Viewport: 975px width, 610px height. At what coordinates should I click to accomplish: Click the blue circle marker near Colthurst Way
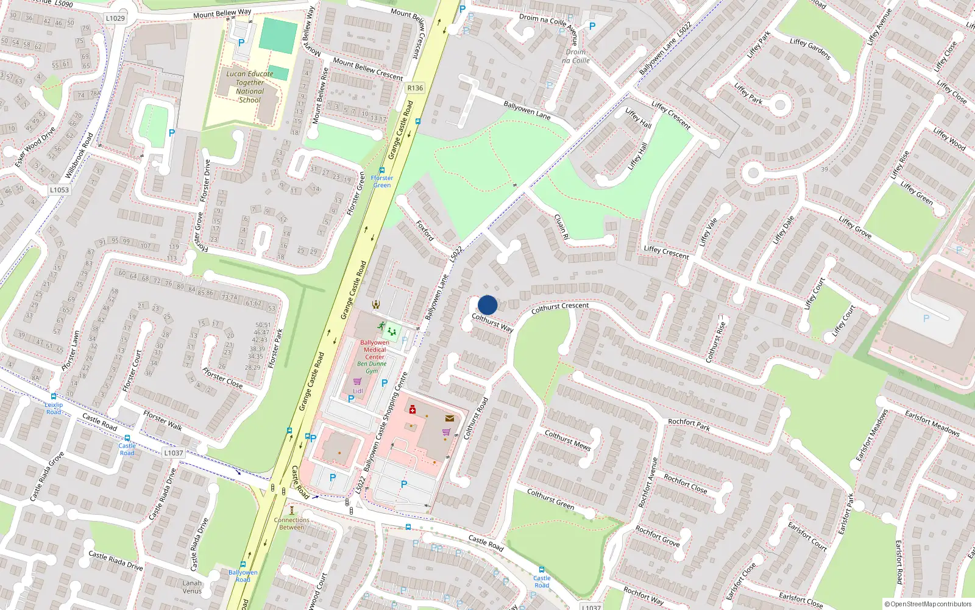(487, 305)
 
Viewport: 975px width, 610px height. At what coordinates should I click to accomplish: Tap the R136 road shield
(415, 88)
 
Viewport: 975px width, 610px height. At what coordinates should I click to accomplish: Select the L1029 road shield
(115, 18)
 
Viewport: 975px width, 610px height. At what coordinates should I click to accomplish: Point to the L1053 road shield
(59, 190)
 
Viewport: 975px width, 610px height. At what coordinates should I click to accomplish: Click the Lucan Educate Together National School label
(250, 87)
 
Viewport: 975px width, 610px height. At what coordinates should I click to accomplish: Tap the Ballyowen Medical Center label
(375, 350)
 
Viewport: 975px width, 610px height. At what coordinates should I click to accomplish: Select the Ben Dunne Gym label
(372, 367)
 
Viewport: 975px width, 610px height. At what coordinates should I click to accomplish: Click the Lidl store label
(358, 391)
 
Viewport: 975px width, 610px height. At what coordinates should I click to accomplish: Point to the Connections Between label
(292, 523)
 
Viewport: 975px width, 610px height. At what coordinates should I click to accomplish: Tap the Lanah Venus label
(192, 587)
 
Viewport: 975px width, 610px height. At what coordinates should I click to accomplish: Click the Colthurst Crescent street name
(560, 308)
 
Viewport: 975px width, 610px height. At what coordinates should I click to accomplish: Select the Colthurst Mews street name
(567, 440)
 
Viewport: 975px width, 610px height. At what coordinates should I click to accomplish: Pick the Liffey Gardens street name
(810, 49)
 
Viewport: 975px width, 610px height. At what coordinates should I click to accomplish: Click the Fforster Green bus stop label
(382, 181)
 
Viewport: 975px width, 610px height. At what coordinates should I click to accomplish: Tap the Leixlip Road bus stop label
(54, 408)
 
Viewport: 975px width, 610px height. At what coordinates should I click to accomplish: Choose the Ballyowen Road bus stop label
(243, 575)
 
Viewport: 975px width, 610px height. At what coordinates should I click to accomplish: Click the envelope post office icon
(450, 418)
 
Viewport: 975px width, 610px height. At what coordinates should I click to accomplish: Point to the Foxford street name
(425, 231)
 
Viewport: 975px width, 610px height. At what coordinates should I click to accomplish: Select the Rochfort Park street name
(689, 425)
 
